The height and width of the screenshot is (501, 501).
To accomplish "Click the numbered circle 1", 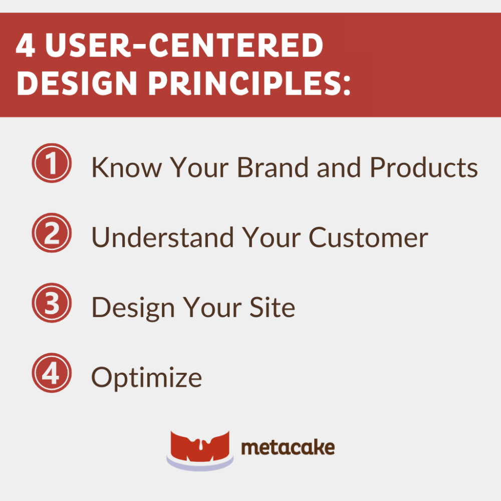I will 52,163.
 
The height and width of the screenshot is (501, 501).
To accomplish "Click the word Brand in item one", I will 273,168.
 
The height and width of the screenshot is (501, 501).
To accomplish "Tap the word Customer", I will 368,237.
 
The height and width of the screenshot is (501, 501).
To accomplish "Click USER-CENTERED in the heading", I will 180,47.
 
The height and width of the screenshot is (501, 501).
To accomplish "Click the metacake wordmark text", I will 288,447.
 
